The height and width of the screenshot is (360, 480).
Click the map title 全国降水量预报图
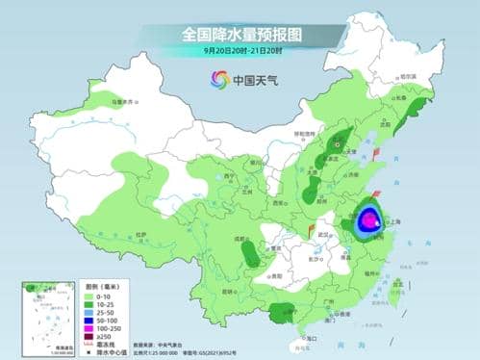click(240, 34)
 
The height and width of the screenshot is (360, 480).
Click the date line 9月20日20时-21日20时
click(240, 51)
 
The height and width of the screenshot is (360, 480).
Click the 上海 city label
click(393, 220)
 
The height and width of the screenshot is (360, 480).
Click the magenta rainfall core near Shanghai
click(370, 222)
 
